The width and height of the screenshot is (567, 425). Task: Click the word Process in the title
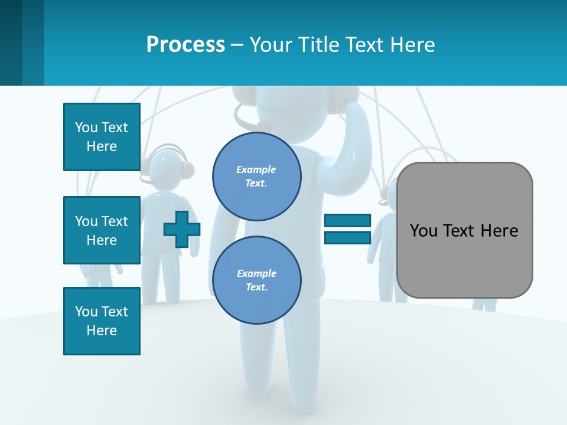[x=185, y=45]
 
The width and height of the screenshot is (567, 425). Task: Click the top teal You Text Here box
[x=102, y=137]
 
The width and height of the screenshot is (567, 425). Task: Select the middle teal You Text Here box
[x=102, y=230]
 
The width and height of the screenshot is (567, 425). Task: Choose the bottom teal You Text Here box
[x=102, y=321]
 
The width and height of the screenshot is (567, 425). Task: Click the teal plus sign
[x=181, y=229]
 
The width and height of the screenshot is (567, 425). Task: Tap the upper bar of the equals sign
[x=347, y=221]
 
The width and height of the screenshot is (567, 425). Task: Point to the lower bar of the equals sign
[x=347, y=238]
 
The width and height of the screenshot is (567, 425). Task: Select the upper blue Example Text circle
[x=256, y=176]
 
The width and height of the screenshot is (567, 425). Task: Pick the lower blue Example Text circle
[x=256, y=280]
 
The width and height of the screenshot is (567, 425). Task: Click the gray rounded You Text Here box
[x=464, y=260]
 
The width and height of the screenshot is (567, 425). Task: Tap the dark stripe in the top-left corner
[x=11, y=42]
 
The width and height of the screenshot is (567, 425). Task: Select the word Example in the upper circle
[x=256, y=169]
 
